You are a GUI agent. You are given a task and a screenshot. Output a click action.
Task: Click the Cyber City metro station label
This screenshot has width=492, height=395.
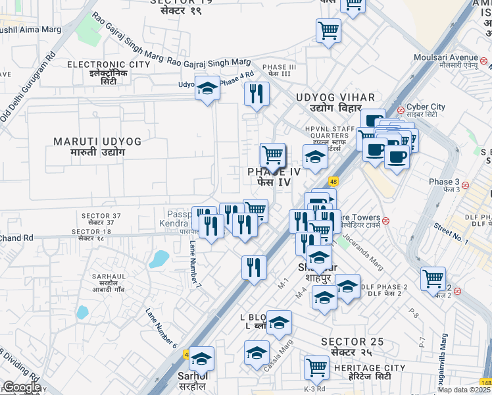point(426,107)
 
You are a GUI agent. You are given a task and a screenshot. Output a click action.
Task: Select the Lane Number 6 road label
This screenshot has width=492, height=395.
point(161,328)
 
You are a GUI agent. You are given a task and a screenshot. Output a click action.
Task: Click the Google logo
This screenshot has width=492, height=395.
point(22,386)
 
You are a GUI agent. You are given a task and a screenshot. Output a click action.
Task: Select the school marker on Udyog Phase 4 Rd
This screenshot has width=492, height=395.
point(207,88)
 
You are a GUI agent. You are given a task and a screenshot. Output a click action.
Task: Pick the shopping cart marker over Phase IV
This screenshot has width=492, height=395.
point(272,155)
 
